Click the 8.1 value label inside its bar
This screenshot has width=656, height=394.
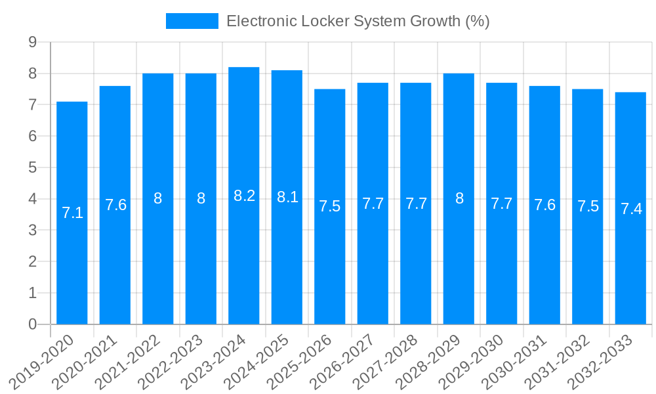tap(287, 196)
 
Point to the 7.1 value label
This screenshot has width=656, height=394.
tap(72, 212)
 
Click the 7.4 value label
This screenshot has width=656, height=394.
tap(630, 209)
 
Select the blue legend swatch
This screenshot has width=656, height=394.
tap(192, 21)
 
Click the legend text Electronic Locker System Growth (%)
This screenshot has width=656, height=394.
tap(358, 21)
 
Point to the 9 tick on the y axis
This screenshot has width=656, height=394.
tap(32, 42)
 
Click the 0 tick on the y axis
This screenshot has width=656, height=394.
tap(32, 324)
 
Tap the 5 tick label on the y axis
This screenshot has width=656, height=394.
tap(32, 167)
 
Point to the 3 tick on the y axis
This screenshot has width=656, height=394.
tap(32, 230)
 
